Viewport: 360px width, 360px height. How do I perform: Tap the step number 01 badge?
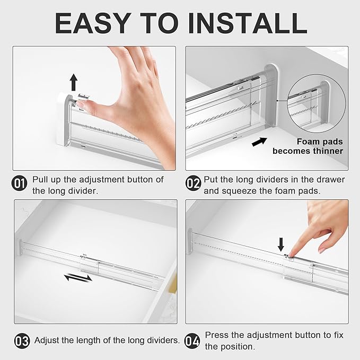coord(20,184)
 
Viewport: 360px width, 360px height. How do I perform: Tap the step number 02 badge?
coord(193,184)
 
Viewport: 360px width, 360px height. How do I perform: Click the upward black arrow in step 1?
coord(74,82)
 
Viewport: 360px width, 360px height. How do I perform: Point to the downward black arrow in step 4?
coord(281,243)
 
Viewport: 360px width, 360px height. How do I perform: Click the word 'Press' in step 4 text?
coord(216,335)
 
